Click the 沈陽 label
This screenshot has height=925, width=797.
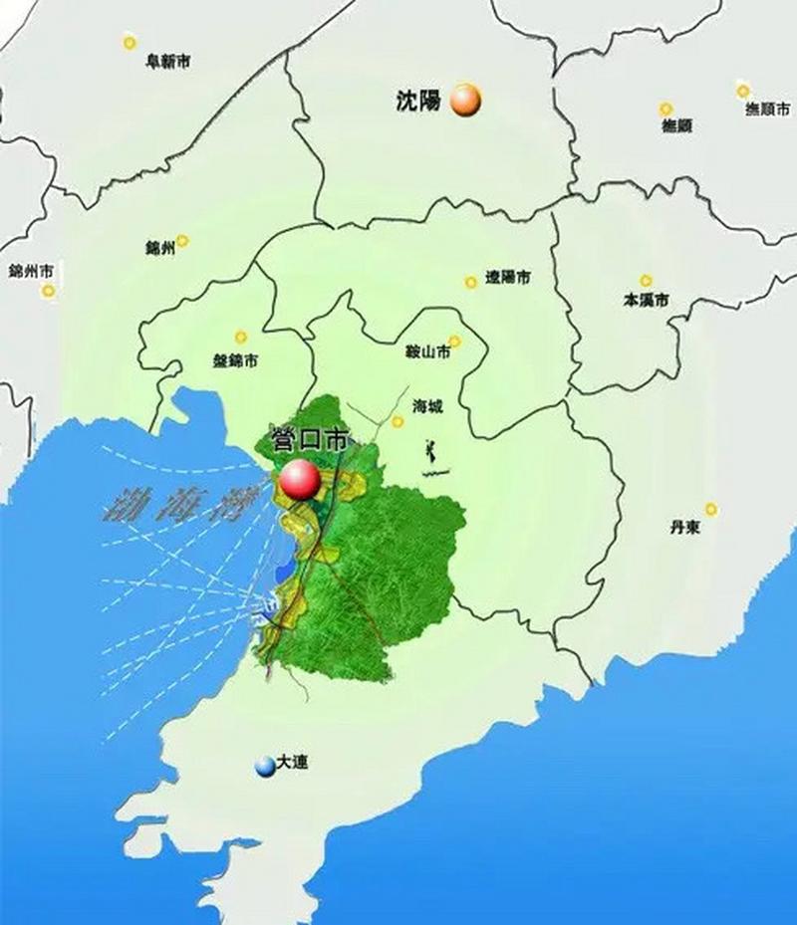[x=417, y=100]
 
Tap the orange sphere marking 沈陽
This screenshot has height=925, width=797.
[x=465, y=101]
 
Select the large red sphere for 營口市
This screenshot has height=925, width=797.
[x=300, y=480]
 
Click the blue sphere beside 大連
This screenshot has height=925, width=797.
[x=264, y=766]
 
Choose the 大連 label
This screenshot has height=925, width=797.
[x=294, y=764]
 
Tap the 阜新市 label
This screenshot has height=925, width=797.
[x=167, y=62]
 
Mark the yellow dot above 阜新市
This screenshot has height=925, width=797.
[x=129, y=42]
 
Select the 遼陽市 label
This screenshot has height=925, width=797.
[x=507, y=278]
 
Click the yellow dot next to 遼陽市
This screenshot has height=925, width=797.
[x=470, y=282]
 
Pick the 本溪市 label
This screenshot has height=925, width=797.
[x=646, y=300]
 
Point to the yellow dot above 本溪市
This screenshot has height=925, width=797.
[x=646, y=280]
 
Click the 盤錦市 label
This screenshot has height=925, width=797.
[x=236, y=359]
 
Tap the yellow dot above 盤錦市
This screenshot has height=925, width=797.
[x=239, y=337]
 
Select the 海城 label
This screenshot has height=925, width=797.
[x=428, y=406]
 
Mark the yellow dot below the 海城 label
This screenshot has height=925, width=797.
[x=398, y=421]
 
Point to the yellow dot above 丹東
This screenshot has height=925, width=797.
[x=711, y=509]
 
